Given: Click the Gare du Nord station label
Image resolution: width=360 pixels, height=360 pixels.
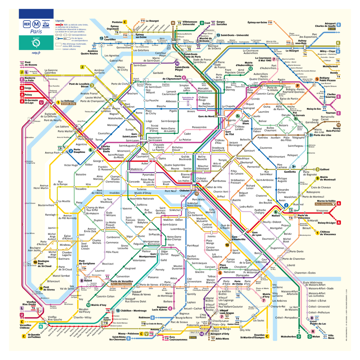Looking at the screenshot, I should pos(206,116).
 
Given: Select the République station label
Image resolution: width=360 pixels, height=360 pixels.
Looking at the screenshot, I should pos(243,158).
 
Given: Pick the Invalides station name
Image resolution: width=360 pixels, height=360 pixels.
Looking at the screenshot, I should pos(115,192).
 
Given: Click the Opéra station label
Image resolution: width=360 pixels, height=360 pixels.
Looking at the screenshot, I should pos(162,159).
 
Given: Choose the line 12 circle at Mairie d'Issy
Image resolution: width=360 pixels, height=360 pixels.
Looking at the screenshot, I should pos(88,305).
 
